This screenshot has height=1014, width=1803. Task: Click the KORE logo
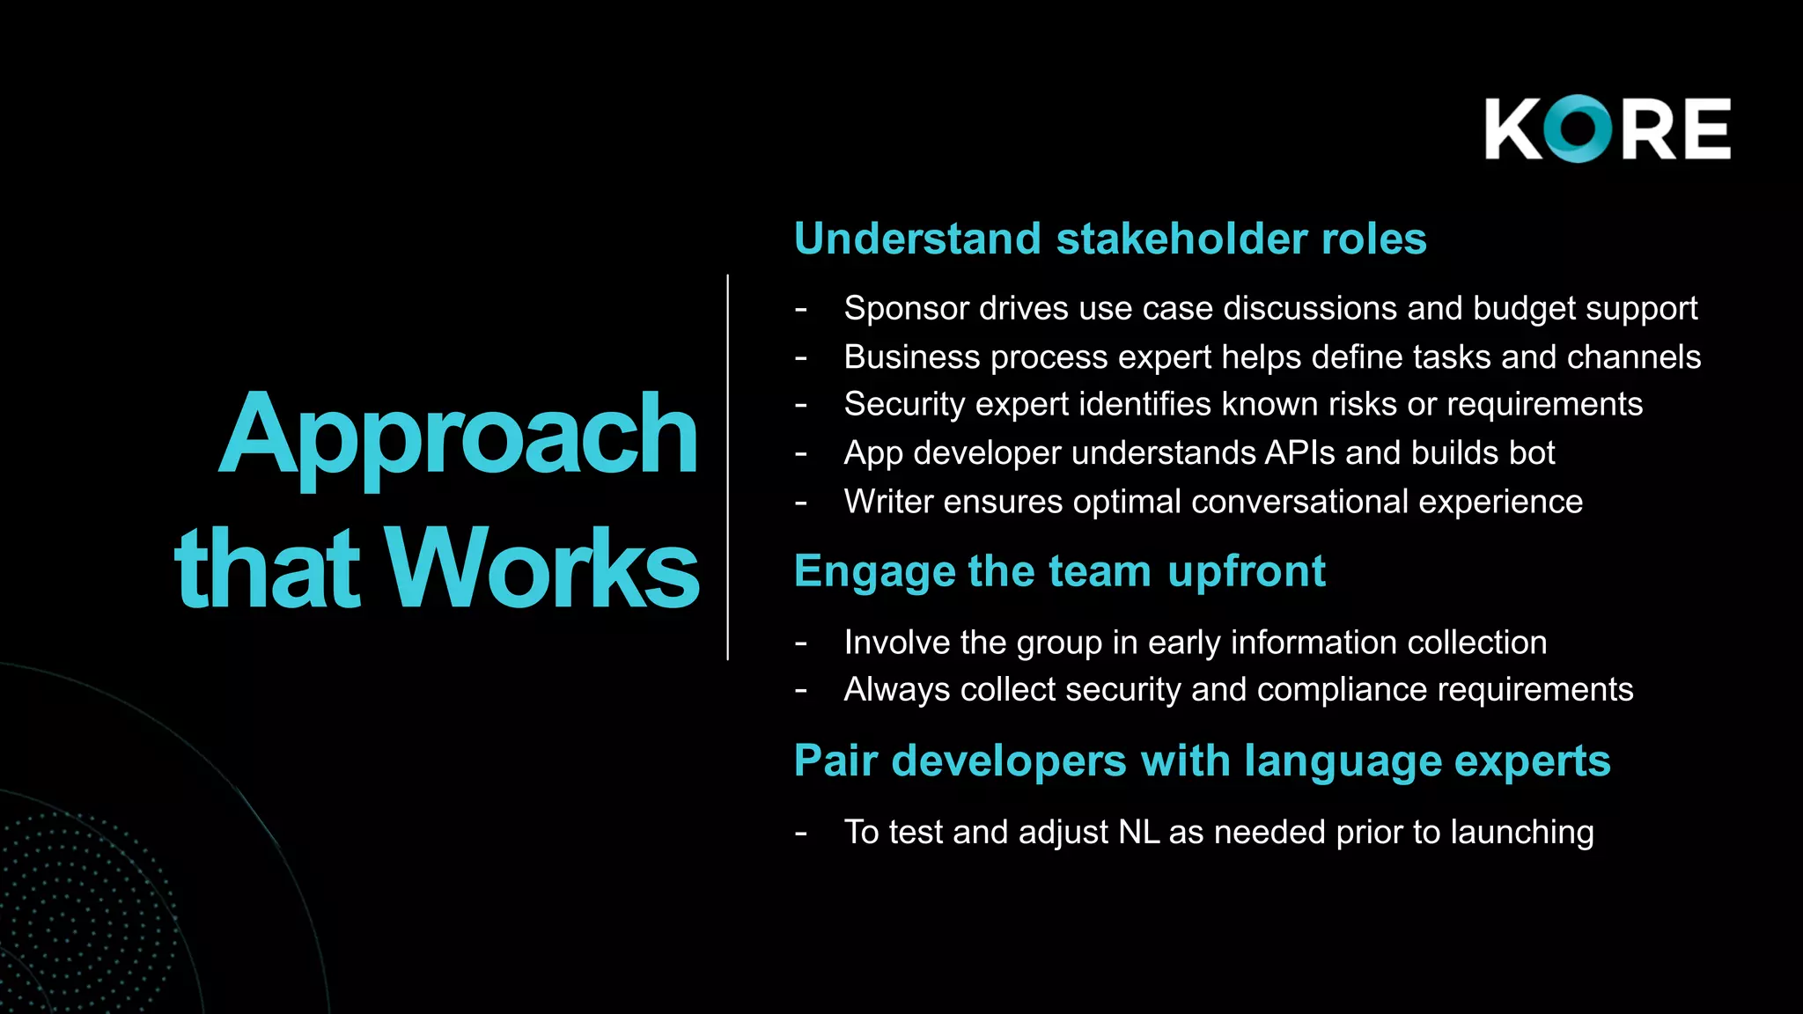pos(1608,129)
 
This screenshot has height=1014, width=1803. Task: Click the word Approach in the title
pos(458,436)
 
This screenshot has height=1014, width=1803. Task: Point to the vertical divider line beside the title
pos(728,467)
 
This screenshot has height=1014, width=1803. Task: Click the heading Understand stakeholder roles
pos(1110,239)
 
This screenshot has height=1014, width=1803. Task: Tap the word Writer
pos(888,502)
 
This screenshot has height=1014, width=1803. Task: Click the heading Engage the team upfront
pos(1060,571)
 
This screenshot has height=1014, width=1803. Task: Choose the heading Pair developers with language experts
pos(1203,760)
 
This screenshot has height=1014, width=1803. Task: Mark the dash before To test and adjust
pos(800,833)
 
